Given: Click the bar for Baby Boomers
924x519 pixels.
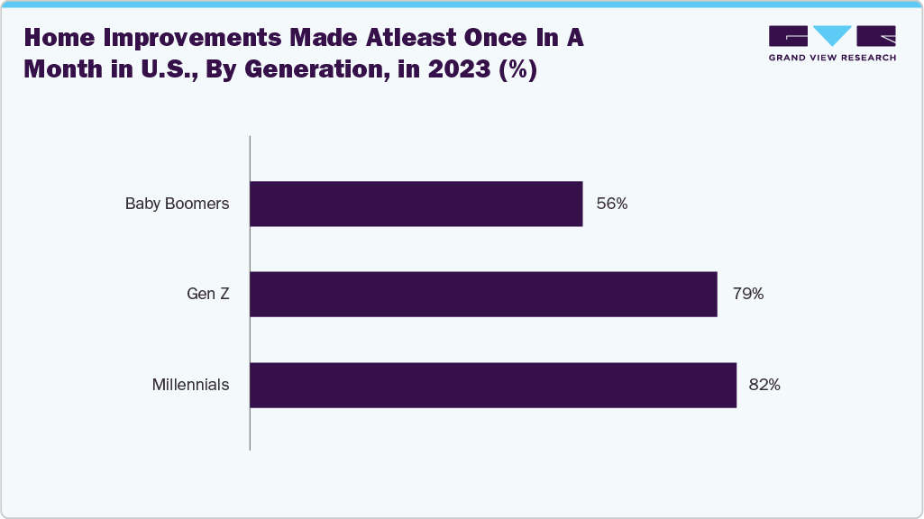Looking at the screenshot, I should point(416,204).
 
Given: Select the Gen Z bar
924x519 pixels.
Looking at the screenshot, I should point(483,294).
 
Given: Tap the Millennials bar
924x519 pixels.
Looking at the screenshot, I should point(493,385).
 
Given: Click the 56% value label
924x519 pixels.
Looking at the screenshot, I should point(611,204).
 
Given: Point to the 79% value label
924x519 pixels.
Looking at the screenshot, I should point(748,294).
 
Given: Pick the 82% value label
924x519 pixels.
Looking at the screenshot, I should point(764,385).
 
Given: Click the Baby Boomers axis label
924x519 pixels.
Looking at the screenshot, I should point(177,204).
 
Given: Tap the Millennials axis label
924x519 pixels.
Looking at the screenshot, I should point(190,385).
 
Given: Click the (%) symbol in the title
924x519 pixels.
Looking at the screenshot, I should point(518,70).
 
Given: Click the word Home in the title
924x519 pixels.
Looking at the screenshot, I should point(56,39).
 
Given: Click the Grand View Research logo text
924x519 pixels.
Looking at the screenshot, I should point(832,58).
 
